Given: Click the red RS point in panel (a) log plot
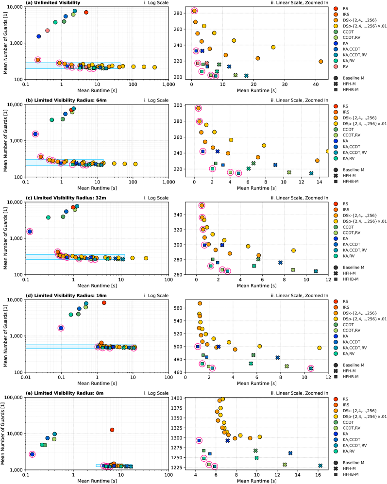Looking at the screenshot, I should coord(86,12).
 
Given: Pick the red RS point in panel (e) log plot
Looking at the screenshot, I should coord(112,430).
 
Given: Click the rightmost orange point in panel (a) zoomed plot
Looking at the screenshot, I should coord(320,61).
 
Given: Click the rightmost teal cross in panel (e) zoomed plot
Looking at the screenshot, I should coord(320,466).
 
